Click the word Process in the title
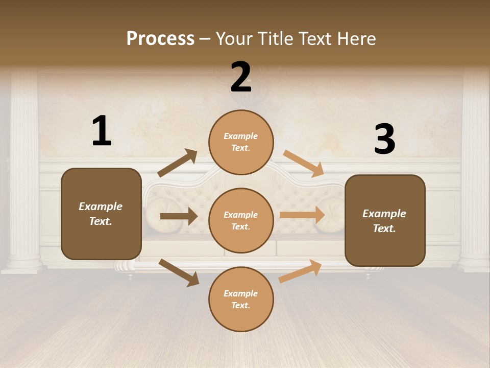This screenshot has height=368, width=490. (x=160, y=39)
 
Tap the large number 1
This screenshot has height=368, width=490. (x=102, y=131)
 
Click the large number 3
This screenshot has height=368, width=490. (x=384, y=140)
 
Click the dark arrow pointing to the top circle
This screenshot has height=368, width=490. (x=178, y=163)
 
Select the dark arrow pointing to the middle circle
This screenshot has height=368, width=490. (x=179, y=216)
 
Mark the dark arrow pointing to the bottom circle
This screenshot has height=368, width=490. (x=179, y=272)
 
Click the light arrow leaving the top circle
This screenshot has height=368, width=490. (x=304, y=164)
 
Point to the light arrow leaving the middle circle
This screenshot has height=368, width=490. (x=302, y=215)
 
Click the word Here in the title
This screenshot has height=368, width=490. (x=356, y=39)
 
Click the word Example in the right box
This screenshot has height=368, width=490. (x=384, y=214)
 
